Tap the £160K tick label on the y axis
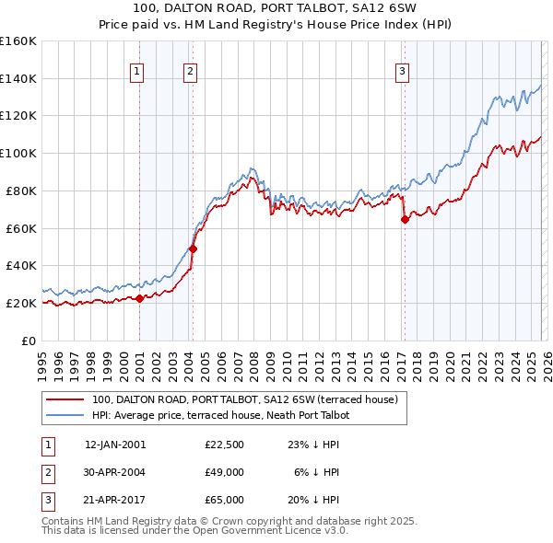pos(18,41)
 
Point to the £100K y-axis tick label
pos(18,153)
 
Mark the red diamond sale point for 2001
pos(139,298)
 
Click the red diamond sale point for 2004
pos(193,248)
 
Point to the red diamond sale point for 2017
pos(405,219)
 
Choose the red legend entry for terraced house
pos(244,399)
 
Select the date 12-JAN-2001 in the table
pos(115,445)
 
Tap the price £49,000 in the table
pos(225,472)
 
